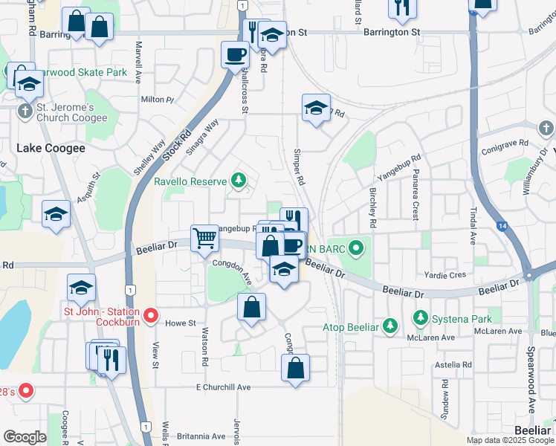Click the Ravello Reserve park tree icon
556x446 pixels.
[x=238, y=180]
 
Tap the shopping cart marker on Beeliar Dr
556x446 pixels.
[x=204, y=239]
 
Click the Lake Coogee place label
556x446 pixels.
[x=51, y=148]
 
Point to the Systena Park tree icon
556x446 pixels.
[x=420, y=319]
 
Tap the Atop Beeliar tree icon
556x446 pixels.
[x=389, y=326]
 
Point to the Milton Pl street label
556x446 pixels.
[x=157, y=99]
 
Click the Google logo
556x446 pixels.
[x=25, y=437]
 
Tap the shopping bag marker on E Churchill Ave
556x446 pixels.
[x=295, y=367]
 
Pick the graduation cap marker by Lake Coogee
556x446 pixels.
[x=56, y=215]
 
